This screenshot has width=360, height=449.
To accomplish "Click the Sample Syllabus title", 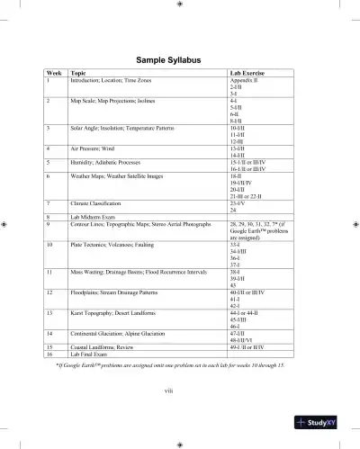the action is click(180, 60).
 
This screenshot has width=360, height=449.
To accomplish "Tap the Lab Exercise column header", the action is click(248, 74).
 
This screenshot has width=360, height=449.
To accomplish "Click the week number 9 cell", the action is click(49, 224).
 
